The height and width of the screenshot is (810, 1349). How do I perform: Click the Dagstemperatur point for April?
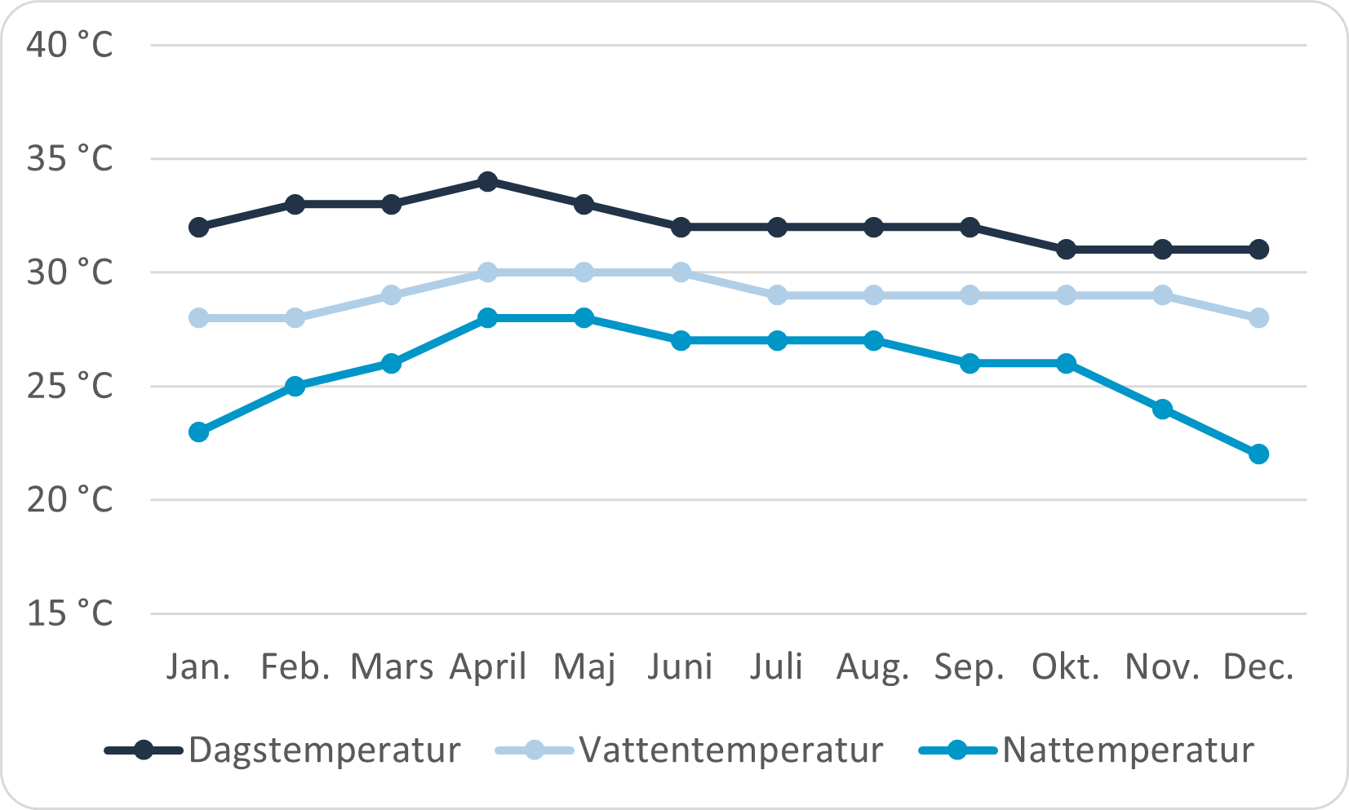pyautogui.click(x=487, y=181)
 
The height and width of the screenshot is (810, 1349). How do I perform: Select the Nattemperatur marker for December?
pyautogui.click(x=1258, y=454)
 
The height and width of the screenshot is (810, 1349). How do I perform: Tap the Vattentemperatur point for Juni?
pyautogui.click(x=681, y=272)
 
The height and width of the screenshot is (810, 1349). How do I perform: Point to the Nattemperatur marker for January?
pyautogui.click(x=198, y=432)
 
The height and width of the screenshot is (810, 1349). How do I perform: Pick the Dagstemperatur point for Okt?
pyautogui.click(x=1066, y=249)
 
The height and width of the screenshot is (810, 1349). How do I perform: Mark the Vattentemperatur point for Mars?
pyautogui.click(x=392, y=294)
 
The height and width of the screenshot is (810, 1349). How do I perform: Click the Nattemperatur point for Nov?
pyautogui.click(x=1162, y=409)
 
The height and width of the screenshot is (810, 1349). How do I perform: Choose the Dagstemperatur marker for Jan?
pyautogui.click(x=198, y=227)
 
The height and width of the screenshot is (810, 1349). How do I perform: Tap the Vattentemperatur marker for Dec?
pyautogui.click(x=1258, y=317)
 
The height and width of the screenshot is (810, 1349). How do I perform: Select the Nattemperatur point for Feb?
pyautogui.click(x=295, y=386)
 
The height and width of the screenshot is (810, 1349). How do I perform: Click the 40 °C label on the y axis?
pyautogui.click(x=69, y=44)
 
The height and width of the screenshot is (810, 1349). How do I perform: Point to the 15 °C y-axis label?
pyautogui.click(x=69, y=613)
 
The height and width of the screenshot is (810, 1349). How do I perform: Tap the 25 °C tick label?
pyautogui.click(x=69, y=386)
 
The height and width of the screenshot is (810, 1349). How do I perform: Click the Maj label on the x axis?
pyautogui.click(x=584, y=668)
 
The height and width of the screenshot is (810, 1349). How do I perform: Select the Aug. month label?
pyautogui.click(x=872, y=668)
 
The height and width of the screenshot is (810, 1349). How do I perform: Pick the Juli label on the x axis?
pyautogui.click(x=776, y=666)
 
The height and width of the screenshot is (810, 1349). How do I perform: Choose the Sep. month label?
pyautogui.click(x=969, y=668)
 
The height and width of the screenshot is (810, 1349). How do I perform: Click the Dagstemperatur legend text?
pyautogui.click(x=324, y=750)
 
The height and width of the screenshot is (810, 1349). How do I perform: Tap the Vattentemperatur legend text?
pyautogui.click(x=731, y=750)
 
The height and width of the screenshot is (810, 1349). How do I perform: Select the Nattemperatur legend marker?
pyautogui.click(x=958, y=750)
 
